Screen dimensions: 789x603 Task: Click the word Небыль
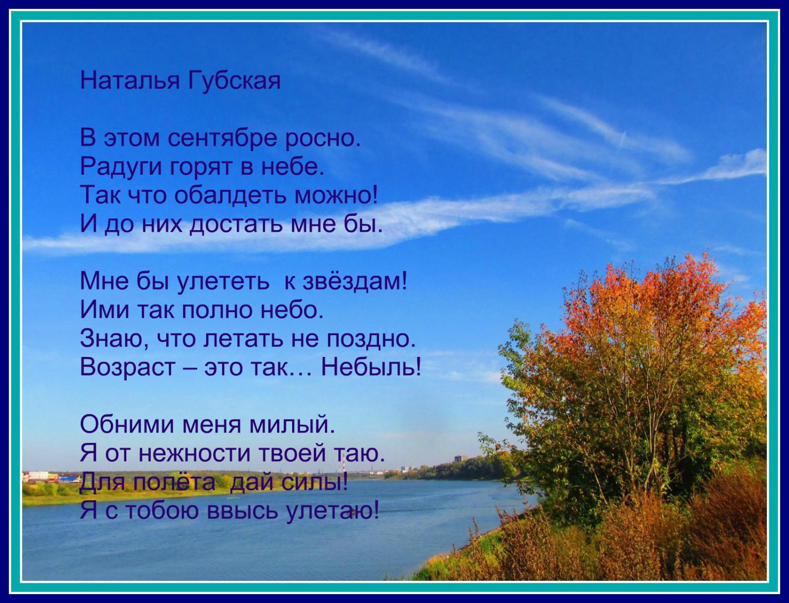click(x=371, y=366)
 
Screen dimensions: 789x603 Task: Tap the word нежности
click(x=194, y=454)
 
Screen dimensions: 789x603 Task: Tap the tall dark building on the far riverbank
click(x=459, y=459)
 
